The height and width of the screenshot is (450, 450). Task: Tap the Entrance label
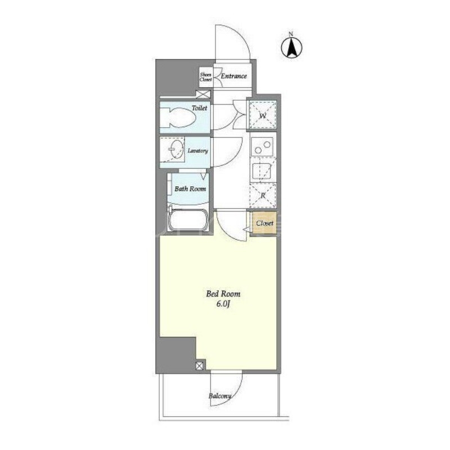pyautogui.click(x=233, y=76)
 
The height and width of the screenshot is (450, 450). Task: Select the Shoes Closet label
pyautogui.click(x=206, y=77)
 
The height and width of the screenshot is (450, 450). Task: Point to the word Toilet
pyautogui.click(x=200, y=108)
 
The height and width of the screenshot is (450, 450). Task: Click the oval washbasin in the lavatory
pyautogui.click(x=175, y=149)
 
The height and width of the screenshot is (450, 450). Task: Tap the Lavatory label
pyautogui.click(x=198, y=151)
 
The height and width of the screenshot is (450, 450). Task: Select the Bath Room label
pyautogui.click(x=190, y=189)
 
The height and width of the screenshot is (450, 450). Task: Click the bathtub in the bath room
pyautogui.click(x=188, y=220)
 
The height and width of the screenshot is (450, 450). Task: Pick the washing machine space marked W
pyautogui.click(x=263, y=115)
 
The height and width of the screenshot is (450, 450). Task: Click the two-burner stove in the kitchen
pyautogui.click(x=262, y=147)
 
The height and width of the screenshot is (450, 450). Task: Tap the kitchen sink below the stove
pyautogui.click(x=262, y=171)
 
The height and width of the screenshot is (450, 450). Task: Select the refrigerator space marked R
pyautogui.click(x=263, y=195)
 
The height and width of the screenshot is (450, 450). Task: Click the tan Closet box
pyautogui.click(x=264, y=223)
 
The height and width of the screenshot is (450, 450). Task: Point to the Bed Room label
pyautogui.click(x=223, y=294)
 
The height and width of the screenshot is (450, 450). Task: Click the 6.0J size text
pyautogui.click(x=223, y=304)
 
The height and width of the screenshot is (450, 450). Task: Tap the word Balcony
pyautogui.click(x=220, y=396)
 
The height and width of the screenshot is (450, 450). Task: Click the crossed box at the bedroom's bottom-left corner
pyautogui.click(x=200, y=366)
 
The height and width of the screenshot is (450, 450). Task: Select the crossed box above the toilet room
pyautogui.click(x=203, y=94)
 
